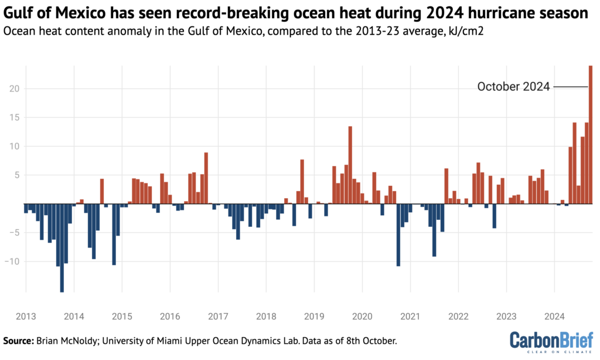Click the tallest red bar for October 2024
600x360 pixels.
click(x=591, y=135)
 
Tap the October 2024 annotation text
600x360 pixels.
click(x=513, y=87)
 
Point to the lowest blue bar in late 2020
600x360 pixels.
click(x=398, y=235)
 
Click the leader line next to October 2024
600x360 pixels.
click(x=570, y=87)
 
